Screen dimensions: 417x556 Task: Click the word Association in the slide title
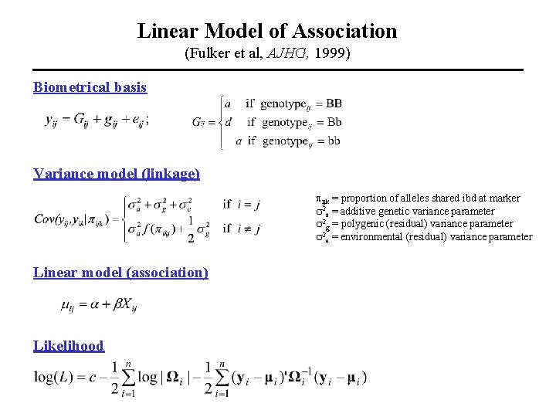click(348, 31)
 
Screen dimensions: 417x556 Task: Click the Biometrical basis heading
click(90, 87)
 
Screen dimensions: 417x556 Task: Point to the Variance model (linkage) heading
click(117, 174)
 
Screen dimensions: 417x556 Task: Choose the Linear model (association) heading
click(120, 273)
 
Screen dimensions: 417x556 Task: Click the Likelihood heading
click(69, 346)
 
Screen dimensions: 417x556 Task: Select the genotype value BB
click(333, 103)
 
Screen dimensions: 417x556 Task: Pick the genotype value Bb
click(333, 122)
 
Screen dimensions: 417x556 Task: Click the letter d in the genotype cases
click(227, 122)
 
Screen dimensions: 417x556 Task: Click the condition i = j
click(249, 205)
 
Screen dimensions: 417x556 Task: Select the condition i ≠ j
click(249, 229)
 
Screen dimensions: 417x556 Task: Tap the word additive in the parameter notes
click(361, 211)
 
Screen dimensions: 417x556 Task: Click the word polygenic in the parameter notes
click(364, 224)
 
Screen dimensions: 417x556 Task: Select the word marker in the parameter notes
click(503, 198)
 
